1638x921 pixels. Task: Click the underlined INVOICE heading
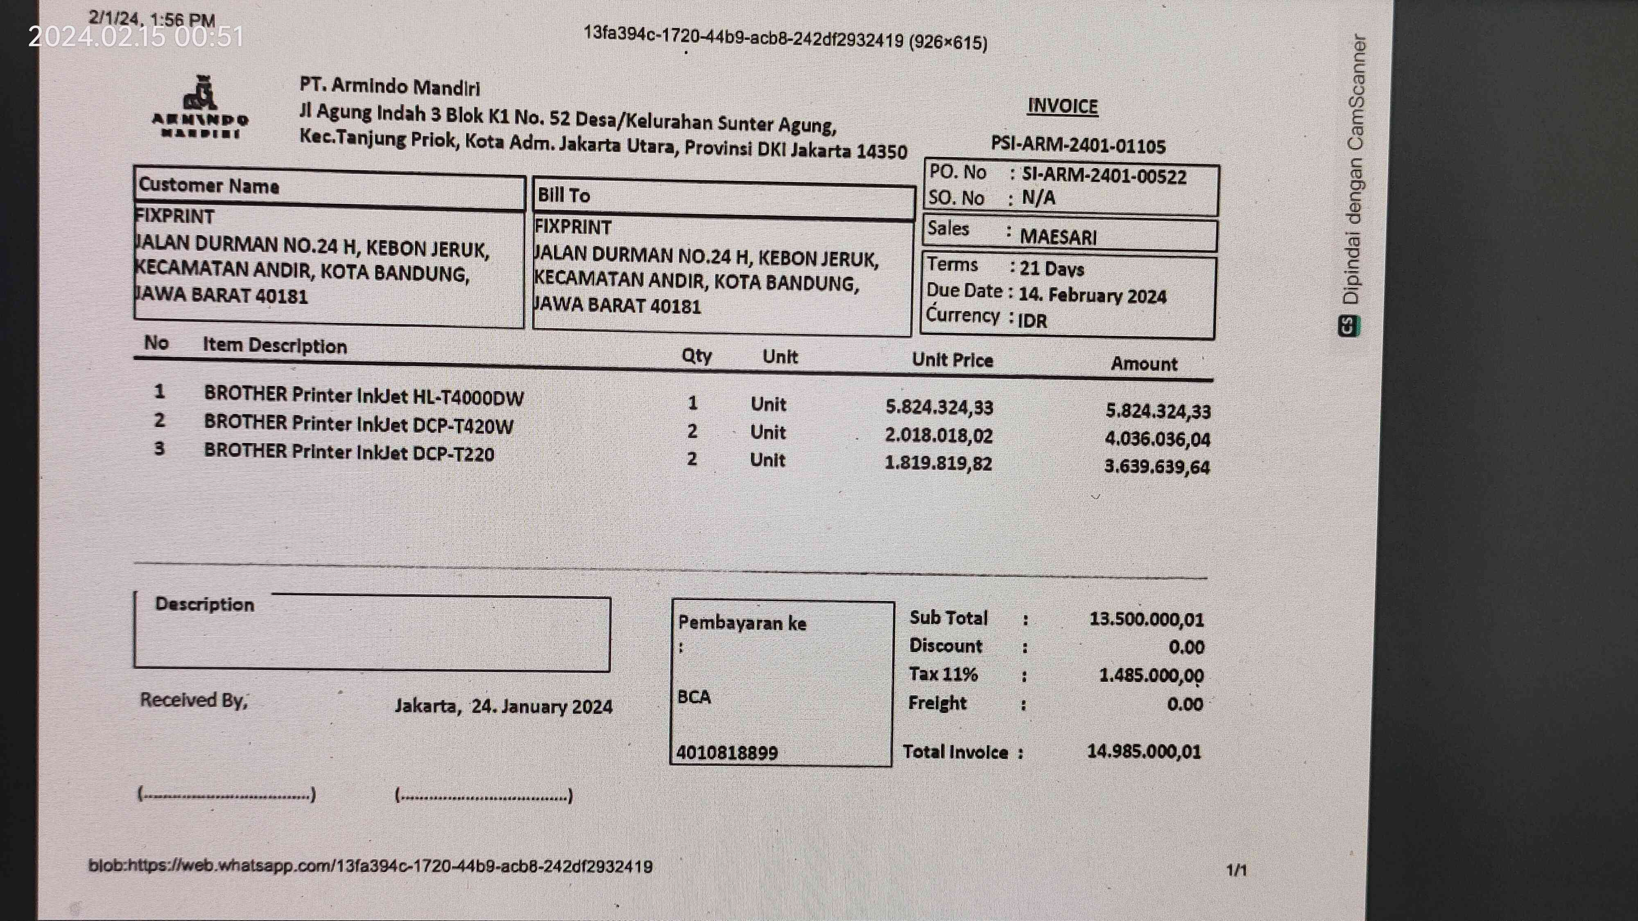point(1063,106)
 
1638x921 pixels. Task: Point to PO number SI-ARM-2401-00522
point(1103,176)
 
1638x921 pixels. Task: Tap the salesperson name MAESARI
point(1058,237)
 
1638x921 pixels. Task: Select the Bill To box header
point(563,195)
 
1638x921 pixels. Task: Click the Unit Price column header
point(952,360)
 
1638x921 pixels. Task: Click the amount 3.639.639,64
point(1157,467)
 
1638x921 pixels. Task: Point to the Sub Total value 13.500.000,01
point(1146,619)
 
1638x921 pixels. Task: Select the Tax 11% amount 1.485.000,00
point(1151,675)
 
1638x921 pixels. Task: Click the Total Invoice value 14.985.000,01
point(1143,751)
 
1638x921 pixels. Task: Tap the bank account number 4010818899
point(727,753)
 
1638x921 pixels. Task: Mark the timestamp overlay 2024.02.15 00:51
point(136,37)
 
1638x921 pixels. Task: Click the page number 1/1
point(1236,869)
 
